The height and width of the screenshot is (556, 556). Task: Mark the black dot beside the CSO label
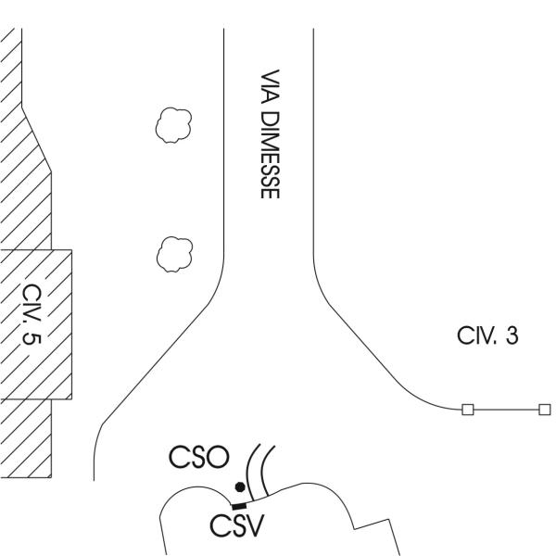click(x=239, y=487)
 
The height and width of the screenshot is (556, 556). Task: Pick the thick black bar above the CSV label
click(x=239, y=504)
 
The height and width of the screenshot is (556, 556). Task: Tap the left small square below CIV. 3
click(x=467, y=409)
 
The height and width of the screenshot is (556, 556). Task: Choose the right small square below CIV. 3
click(x=544, y=409)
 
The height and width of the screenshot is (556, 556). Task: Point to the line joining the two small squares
click(x=505, y=409)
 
